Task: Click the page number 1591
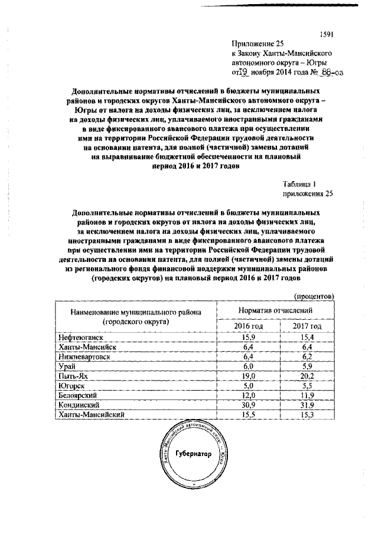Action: [326, 33]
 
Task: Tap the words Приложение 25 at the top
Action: [255, 44]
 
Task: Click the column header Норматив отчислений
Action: [275, 310]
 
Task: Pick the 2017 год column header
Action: [307, 326]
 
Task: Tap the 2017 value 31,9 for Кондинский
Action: [307, 405]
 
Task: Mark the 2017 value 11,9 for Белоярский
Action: [307, 396]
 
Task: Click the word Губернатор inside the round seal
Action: [192, 455]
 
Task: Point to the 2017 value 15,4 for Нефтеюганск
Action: [307, 337]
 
